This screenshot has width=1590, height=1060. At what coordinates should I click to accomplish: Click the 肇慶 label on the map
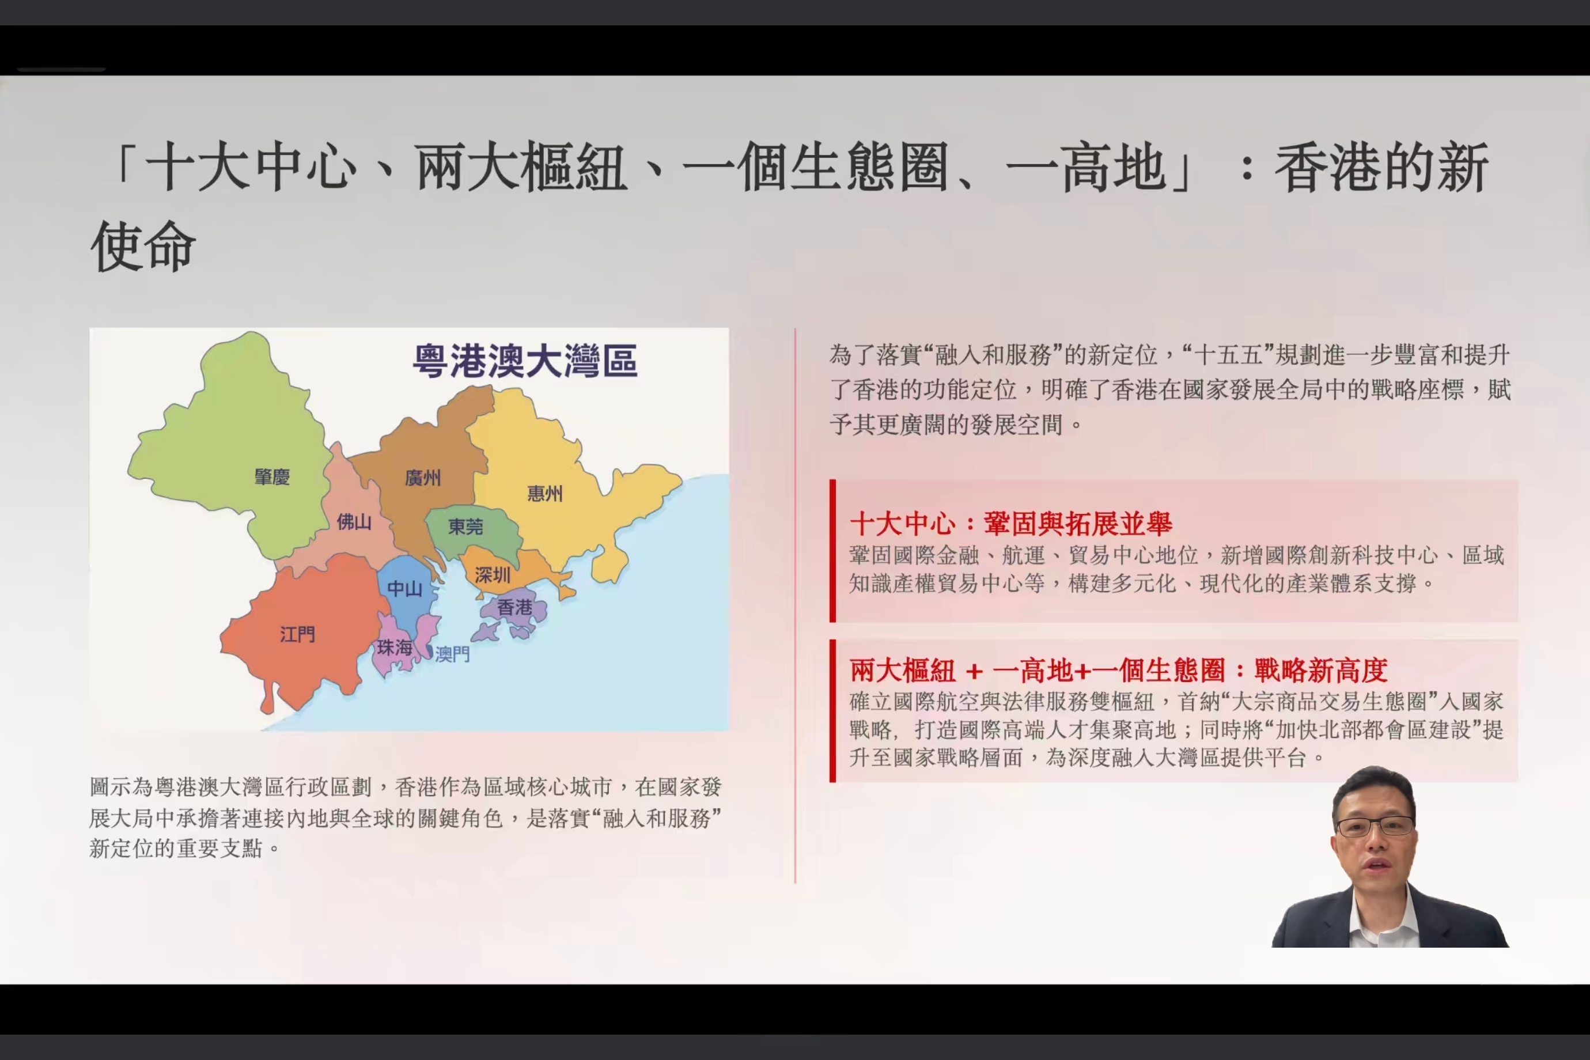coord(272,476)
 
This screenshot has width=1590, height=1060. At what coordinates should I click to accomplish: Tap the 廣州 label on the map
coord(422,478)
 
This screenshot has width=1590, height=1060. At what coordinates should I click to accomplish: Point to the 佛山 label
coord(354,522)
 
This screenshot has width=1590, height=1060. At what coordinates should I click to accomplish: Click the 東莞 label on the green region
coord(466,527)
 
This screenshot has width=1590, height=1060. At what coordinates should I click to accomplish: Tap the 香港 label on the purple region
coord(514,607)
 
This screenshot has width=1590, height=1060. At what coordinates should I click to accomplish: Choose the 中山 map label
coord(405,589)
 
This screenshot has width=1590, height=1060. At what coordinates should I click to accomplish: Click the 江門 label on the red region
coord(297,634)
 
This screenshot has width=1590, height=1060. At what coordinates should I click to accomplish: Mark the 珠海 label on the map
coord(395,648)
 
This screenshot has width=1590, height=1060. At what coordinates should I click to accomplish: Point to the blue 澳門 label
coord(452,654)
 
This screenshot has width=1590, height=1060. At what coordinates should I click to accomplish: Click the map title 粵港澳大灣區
coord(525,360)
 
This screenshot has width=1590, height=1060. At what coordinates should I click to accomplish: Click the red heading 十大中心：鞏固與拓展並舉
coord(1010,523)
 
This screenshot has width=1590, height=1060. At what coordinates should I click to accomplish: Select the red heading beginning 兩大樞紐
coord(1119,671)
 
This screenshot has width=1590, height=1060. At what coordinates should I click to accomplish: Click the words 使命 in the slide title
coord(143,246)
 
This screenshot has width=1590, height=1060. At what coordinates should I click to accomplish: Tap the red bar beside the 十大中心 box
coord(833,551)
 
